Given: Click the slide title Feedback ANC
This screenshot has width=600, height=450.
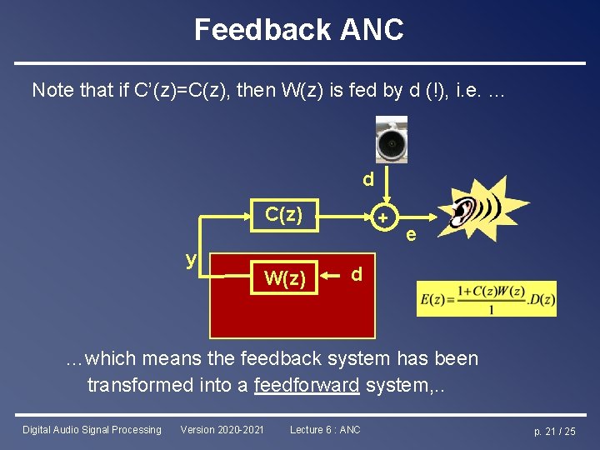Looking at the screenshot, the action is tap(299, 30).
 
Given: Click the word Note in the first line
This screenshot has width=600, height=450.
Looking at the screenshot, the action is tap(52, 90).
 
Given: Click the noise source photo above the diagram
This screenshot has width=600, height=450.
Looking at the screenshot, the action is tap(391, 142).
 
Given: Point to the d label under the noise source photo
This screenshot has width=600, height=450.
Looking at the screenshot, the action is tap(367, 179).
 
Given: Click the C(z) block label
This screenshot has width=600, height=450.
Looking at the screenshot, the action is tap(283, 213).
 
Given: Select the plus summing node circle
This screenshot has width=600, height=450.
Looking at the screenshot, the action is tap(383, 217).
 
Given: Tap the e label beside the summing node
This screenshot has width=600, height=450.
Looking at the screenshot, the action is tap(411, 236).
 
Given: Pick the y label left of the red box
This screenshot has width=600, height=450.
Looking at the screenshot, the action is tap(191, 259).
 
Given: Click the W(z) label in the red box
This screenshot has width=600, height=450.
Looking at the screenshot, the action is tap(284, 277).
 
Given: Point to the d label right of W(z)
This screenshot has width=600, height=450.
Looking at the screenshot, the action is tap(357, 274).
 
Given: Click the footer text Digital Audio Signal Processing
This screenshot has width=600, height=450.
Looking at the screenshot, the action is tap(92, 430).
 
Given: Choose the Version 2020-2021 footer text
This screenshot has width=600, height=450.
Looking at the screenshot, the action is tap(222, 430).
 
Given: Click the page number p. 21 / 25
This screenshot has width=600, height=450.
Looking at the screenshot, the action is tap(555, 431).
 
